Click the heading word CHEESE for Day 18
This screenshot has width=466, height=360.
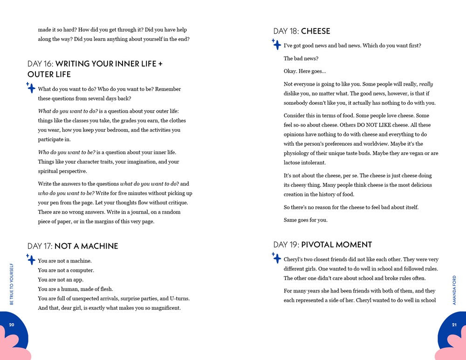click(x=315, y=31)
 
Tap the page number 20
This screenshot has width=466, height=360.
click(x=12, y=325)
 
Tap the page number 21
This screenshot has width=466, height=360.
click(x=454, y=325)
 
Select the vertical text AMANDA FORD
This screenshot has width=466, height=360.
click(x=454, y=290)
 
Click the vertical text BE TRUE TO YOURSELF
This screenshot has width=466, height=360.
click(x=12, y=284)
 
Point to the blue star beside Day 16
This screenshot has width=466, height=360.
click(x=31, y=88)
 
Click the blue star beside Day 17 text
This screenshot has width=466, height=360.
click(x=31, y=259)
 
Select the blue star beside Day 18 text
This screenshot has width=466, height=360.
click(x=276, y=44)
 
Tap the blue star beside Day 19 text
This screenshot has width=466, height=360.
click(x=276, y=258)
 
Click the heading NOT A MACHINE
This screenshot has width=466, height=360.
click(x=86, y=246)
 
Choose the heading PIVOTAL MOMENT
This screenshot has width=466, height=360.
click(x=336, y=245)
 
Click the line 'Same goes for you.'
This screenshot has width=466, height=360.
click(x=305, y=220)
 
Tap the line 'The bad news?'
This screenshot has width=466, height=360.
click(x=301, y=58)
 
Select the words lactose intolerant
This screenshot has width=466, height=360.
click(x=305, y=163)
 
